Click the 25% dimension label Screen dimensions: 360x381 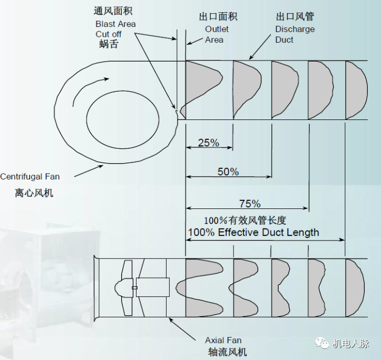point(208,142)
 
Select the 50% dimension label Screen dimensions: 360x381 point(228,172)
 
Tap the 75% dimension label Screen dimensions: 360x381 point(250,203)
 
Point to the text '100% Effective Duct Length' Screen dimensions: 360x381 point(253,232)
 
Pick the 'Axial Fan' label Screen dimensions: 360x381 point(223,340)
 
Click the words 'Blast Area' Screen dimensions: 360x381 point(115,24)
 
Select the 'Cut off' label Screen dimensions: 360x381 point(109,34)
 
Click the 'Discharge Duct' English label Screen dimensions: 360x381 point(295,34)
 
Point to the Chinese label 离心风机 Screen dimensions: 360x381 point(34,193)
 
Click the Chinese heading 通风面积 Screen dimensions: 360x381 point(113,12)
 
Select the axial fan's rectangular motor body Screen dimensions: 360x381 point(153,287)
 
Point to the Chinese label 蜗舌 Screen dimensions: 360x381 point(109,45)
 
